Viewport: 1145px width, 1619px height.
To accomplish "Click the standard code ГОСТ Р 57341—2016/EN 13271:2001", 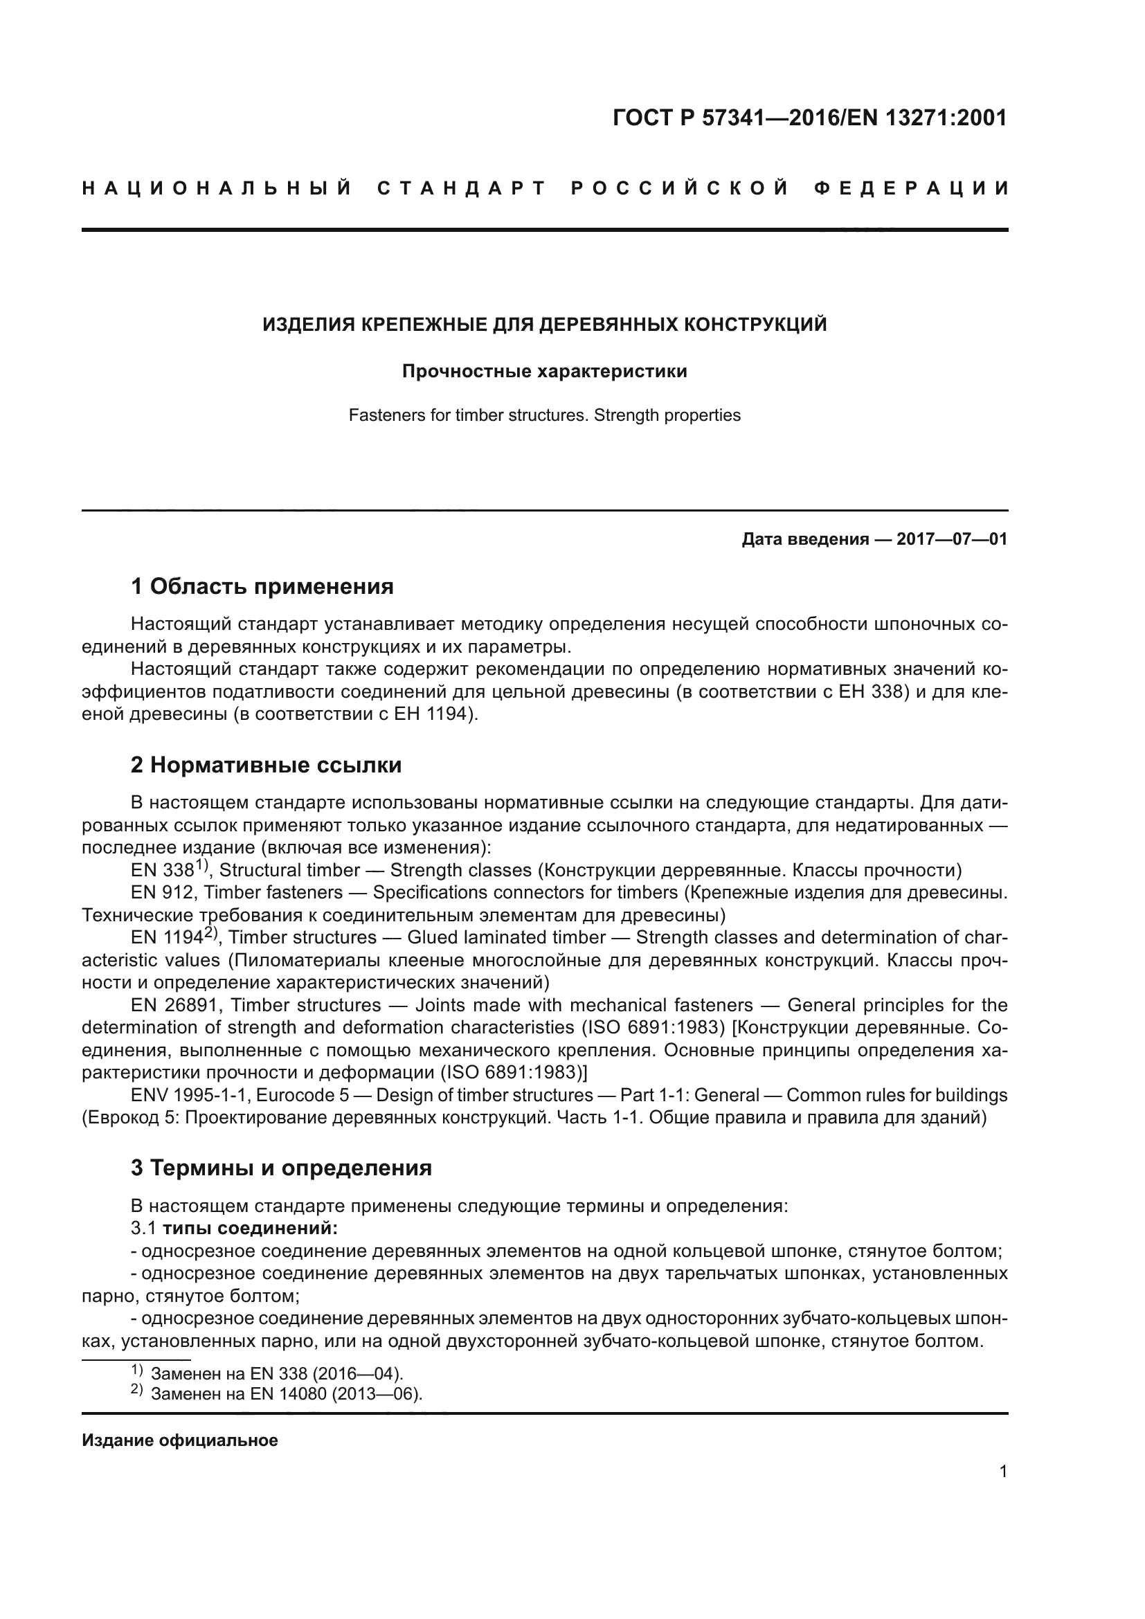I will pyautogui.click(x=810, y=118).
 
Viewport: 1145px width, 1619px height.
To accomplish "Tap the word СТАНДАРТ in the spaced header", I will pyautogui.click(x=462, y=188).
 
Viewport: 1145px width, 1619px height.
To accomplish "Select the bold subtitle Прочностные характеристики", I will pyautogui.click(x=544, y=371).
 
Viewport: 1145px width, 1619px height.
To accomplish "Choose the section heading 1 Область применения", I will pyautogui.click(x=262, y=586).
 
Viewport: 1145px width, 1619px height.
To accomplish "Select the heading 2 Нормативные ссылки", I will pyautogui.click(x=266, y=765).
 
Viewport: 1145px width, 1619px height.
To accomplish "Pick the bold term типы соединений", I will pyautogui.click(x=251, y=1229).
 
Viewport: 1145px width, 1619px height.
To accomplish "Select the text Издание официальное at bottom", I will pyautogui.click(x=180, y=1440).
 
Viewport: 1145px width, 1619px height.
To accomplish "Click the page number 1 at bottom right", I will pyautogui.click(x=1002, y=1472).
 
